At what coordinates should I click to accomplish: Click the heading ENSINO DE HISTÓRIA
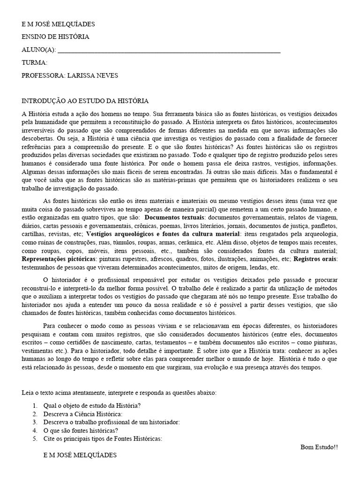55,37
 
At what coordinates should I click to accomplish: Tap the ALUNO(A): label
39,50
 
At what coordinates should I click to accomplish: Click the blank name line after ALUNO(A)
169,51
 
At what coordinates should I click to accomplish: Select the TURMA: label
35,62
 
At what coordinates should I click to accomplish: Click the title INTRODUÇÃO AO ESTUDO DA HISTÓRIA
85,101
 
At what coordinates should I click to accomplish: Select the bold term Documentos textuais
175,218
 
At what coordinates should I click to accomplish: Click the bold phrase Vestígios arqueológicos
119,233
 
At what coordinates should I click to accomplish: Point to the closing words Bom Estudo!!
319,447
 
